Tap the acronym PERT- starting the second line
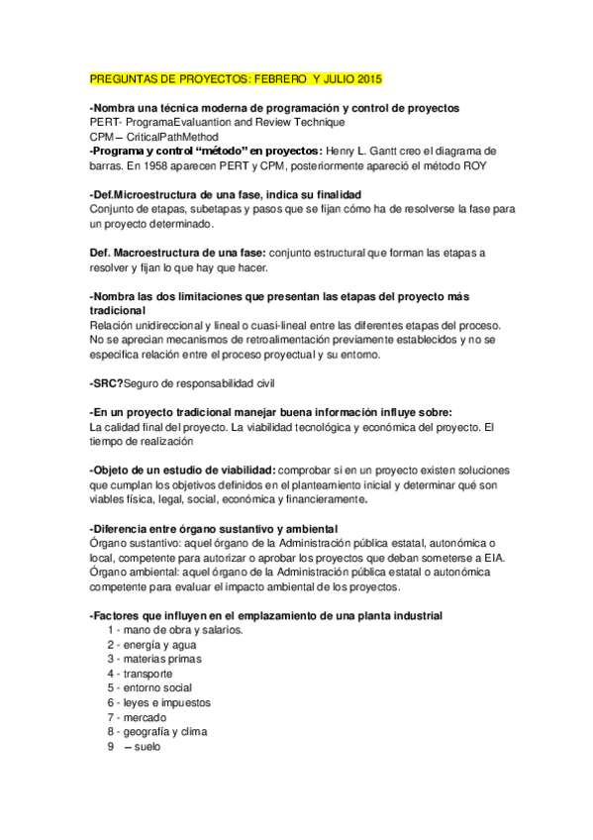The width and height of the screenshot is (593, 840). click(x=106, y=121)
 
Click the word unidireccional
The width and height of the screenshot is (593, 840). click(x=166, y=326)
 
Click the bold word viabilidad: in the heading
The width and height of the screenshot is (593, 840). click(x=242, y=471)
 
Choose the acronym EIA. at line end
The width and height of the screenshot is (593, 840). click(x=491, y=559)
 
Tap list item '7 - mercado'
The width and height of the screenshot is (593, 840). click(x=137, y=716)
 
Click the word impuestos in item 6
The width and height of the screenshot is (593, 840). click(x=184, y=702)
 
